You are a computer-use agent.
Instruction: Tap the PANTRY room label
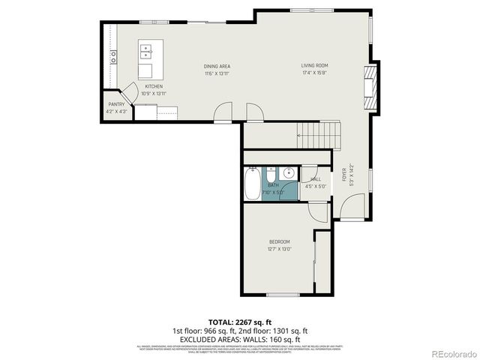(115, 104)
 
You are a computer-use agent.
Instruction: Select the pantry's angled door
(128, 91)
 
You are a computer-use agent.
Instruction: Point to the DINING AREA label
(216, 66)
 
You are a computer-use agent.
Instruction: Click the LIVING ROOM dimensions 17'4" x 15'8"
(315, 73)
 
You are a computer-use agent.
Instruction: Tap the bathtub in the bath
(251, 182)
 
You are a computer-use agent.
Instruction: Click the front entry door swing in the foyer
(351, 201)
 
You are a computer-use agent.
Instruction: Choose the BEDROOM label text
(280, 241)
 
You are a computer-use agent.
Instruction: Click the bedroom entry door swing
(319, 211)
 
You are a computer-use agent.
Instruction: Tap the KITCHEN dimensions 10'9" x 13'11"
(154, 94)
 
